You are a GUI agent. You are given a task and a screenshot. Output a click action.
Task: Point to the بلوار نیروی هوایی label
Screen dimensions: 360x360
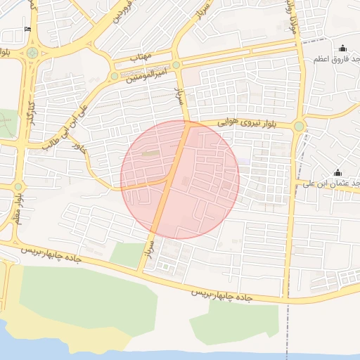point(243,122)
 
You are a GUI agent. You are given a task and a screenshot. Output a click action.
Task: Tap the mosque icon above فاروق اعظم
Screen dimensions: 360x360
point(342,48)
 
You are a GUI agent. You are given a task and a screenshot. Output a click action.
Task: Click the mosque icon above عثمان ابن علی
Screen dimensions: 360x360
point(337,172)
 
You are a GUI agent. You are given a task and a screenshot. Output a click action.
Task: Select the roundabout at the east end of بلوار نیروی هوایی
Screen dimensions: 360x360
point(300,126)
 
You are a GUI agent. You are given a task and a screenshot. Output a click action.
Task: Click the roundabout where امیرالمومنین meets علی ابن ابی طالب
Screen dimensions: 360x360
point(114,75)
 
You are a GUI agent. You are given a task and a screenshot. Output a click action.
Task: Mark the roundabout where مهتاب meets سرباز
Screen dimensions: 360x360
point(176,65)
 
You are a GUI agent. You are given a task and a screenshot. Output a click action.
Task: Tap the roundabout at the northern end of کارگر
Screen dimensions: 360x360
point(32,53)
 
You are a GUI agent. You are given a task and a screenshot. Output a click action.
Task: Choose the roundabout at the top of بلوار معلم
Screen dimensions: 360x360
point(18,186)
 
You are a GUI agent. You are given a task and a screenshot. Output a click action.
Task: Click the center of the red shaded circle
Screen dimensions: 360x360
point(180,179)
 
